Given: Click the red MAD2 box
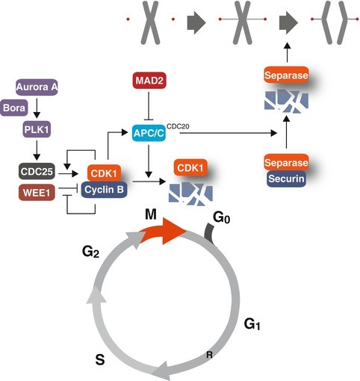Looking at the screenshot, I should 149,80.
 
